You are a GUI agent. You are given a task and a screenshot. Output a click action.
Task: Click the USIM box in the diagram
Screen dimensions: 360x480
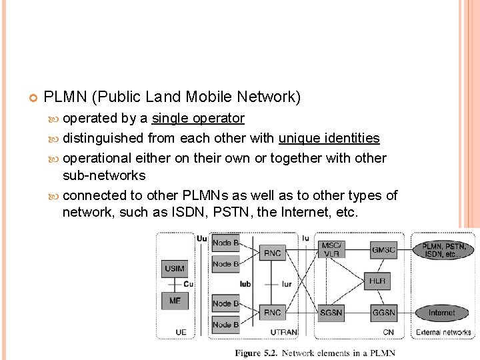tap(175, 269)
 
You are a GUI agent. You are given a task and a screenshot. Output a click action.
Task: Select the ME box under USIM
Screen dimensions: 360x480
tap(175, 301)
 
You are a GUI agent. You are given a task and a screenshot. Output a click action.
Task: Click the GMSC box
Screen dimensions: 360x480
tap(383, 250)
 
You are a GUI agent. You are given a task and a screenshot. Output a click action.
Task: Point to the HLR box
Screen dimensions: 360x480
tap(377, 281)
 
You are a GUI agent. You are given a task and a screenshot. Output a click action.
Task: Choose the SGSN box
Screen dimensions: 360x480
tap(331, 312)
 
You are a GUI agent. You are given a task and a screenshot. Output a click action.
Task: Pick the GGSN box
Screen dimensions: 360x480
tap(383, 312)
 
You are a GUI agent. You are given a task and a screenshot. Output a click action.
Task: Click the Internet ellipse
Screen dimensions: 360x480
tap(441, 312)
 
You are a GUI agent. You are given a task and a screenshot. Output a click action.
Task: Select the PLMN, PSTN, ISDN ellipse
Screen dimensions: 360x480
tap(445, 251)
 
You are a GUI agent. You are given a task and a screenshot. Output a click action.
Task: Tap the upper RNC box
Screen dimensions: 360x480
tap(273, 253)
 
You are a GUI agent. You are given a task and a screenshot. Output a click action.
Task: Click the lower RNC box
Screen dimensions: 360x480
tap(273, 312)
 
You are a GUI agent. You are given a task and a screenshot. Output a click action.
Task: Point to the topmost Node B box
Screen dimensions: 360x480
tap(226, 243)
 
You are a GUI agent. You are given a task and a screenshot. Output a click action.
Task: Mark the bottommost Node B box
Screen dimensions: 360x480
tap(226, 325)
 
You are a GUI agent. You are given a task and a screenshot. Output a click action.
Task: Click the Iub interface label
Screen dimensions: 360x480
tap(245, 284)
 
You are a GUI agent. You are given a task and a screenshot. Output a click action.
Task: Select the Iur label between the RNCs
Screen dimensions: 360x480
tap(286, 284)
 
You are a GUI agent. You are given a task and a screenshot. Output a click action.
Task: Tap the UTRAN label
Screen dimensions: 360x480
tap(284, 331)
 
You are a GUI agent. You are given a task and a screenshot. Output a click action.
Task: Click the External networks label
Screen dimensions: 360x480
tap(443, 332)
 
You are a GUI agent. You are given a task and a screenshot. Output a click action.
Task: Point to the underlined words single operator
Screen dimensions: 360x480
tap(198, 119)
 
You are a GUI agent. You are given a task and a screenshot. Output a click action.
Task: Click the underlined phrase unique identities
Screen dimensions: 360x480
tap(329, 139)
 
